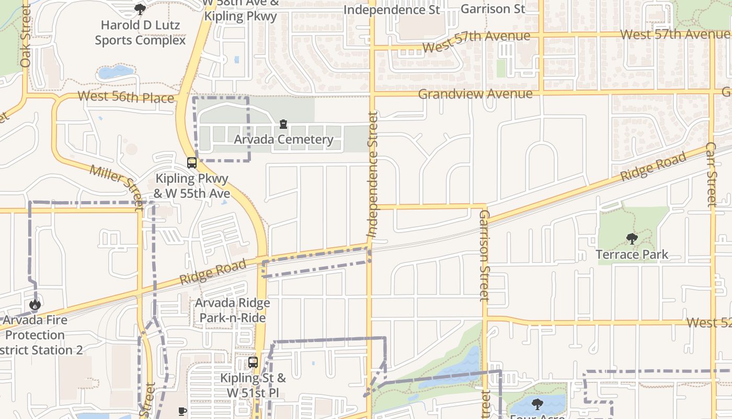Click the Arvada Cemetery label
point(283,139)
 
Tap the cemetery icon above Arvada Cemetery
point(283,124)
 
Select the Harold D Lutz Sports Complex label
point(140,32)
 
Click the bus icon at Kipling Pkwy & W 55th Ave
point(192,162)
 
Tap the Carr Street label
point(711,174)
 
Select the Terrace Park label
point(632,255)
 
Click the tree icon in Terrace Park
point(632,239)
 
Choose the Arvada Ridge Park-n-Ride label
point(233,310)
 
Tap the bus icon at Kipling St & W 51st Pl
point(253,362)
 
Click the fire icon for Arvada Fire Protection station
point(35,304)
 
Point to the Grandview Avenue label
point(475,94)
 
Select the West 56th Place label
point(125,97)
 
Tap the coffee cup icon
point(182,411)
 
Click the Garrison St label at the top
point(493,9)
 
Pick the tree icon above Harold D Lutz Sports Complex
point(140,9)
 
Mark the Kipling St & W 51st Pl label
point(253,385)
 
